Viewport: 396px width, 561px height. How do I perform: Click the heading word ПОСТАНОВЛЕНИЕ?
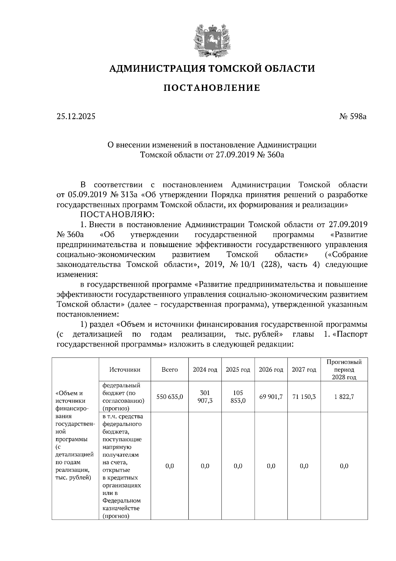coord(212,88)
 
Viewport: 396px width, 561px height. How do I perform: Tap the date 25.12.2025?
coord(76,116)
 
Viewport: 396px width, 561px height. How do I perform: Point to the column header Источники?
coord(125,370)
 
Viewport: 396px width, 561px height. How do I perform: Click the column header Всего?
coord(170,370)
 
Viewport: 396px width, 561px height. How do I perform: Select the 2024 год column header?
coord(205,370)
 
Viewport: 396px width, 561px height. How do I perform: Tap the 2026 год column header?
coord(271,370)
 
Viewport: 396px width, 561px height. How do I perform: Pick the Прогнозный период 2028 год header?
coord(344,370)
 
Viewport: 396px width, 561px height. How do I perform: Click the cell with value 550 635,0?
coord(170,397)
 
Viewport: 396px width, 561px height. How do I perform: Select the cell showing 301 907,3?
coord(205,397)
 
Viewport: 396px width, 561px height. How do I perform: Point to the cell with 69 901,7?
coord(271,397)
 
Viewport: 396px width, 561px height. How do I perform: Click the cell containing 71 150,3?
coord(304,397)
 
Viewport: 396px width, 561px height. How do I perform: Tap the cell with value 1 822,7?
coord(344,397)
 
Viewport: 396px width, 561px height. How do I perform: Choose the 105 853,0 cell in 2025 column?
coord(238,397)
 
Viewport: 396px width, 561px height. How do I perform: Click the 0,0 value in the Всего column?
coord(170,466)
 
